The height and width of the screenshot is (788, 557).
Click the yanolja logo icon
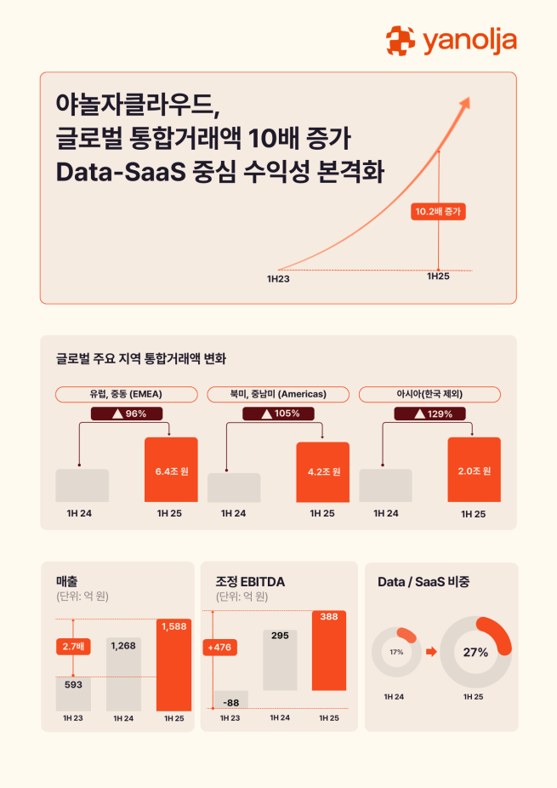click(x=401, y=40)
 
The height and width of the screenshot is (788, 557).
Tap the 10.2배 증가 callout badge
click(x=439, y=211)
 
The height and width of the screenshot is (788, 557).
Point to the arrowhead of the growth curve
click(x=465, y=103)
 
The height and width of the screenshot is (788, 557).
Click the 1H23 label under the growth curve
click(x=278, y=278)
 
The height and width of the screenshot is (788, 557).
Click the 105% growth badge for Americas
click(x=278, y=414)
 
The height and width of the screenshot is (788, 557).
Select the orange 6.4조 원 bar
click(x=171, y=470)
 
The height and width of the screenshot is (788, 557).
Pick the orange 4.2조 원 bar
click(x=322, y=472)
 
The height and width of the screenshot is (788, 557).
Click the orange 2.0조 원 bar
click(x=474, y=470)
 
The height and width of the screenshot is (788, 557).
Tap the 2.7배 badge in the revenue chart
click(x=72, y=647)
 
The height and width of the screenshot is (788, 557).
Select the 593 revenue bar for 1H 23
click(x=73, y=693)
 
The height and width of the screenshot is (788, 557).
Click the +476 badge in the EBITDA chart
click(x=219, y=647)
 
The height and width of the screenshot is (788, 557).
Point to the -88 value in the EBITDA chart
click(x=230, y=702)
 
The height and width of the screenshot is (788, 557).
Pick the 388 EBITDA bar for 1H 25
click(x=328, y=650)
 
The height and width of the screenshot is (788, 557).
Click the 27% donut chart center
click(x=475, y=653)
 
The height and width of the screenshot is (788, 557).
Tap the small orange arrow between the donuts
click(x=430, y=653)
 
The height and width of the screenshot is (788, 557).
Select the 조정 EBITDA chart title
click(x=251, y=581)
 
